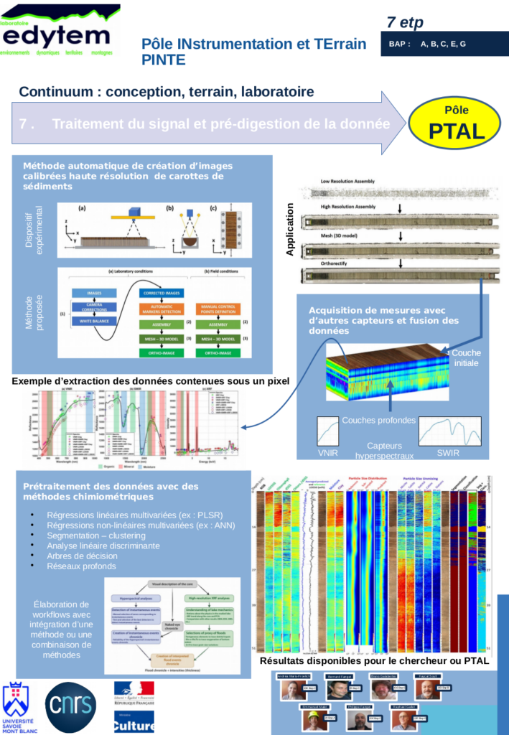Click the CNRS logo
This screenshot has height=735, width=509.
point(70,706)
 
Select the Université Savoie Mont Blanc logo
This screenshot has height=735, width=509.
point(19,708)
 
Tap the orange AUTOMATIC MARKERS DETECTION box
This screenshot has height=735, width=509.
point(160,309)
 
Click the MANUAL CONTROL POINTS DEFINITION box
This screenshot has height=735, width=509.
point(218,309)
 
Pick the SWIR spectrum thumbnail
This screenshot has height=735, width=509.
point(449,432)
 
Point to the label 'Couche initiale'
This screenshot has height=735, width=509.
point(467,357)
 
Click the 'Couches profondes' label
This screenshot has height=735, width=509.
point(378,420)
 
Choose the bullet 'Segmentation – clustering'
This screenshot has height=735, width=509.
point(95,535)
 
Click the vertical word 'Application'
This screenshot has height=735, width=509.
point(291,230)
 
